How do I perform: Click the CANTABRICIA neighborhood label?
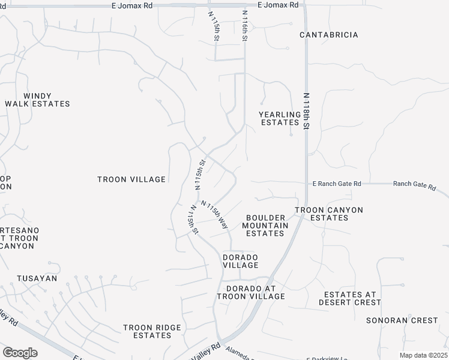329,35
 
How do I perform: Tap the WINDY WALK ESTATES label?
37,100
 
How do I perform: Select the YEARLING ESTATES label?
280,118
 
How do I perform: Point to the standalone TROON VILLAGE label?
131,179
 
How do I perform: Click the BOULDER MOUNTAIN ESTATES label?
265,225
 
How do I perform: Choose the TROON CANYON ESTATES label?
329,214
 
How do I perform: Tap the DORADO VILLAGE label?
241,260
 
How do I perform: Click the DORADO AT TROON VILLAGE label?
251,292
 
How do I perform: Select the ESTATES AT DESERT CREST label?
350,298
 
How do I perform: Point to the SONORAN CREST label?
402,320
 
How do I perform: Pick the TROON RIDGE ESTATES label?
152,331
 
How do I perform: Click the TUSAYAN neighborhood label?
37,278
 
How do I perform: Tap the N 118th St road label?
306,111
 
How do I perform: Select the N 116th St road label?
245,25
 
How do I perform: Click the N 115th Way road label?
215,214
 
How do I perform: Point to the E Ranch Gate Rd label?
337,184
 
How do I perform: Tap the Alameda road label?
238,355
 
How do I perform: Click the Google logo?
20,353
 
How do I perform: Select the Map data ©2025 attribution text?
423,355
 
